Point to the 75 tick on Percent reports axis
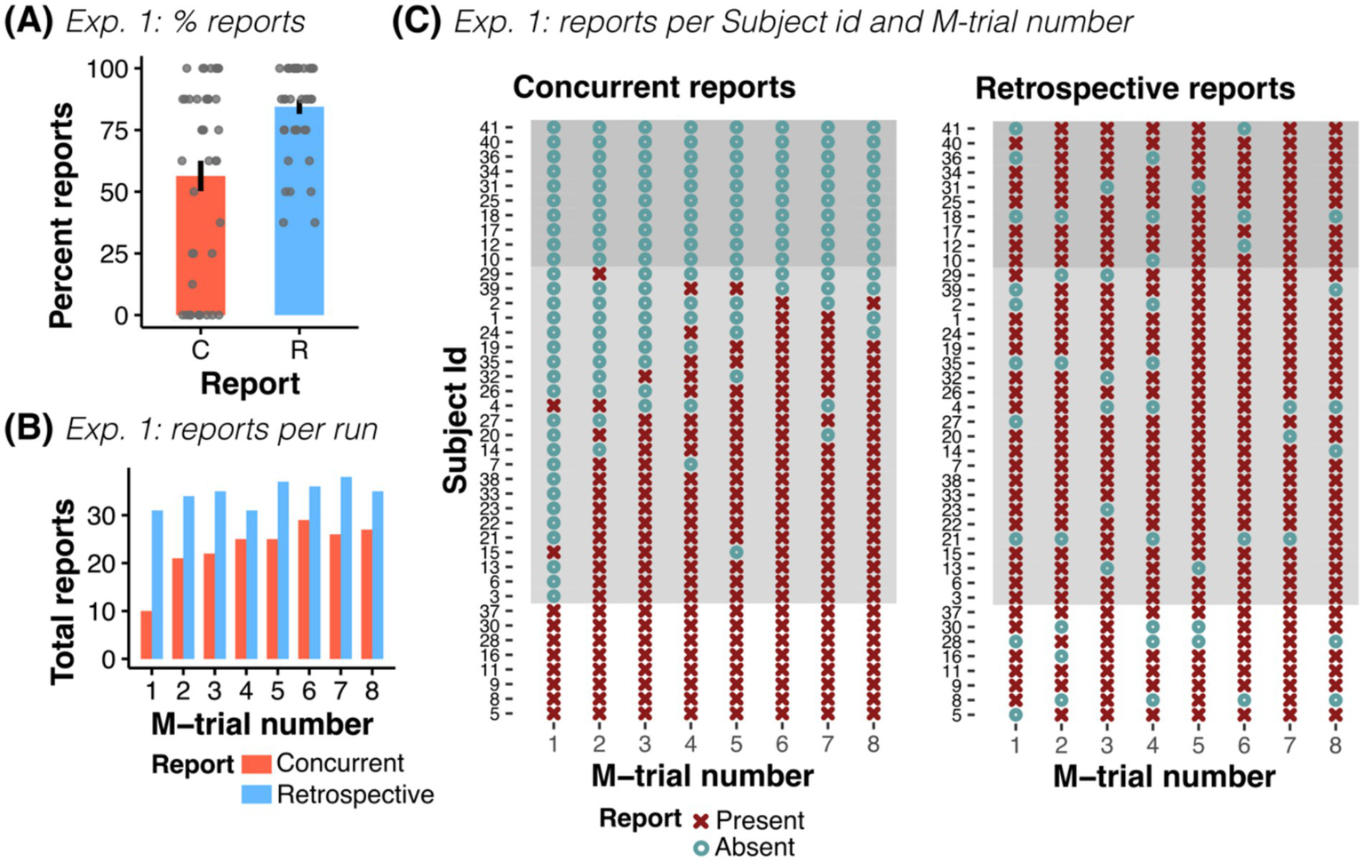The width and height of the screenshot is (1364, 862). point(120,131)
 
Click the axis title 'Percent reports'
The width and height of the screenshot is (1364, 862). point(61,216)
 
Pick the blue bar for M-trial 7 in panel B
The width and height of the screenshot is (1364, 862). point(346,568)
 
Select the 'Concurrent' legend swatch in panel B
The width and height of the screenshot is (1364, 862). point(256,763)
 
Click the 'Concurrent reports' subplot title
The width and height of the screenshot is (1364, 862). point(654,87)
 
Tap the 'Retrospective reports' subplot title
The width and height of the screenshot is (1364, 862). point(1135,89)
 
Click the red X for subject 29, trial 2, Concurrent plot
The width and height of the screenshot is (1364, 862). point(600,274)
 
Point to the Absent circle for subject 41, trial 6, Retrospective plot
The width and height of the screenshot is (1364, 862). point(1244,129)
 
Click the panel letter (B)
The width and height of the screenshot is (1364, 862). point(29,429)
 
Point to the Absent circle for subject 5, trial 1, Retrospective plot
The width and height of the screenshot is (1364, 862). point(1016,714)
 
